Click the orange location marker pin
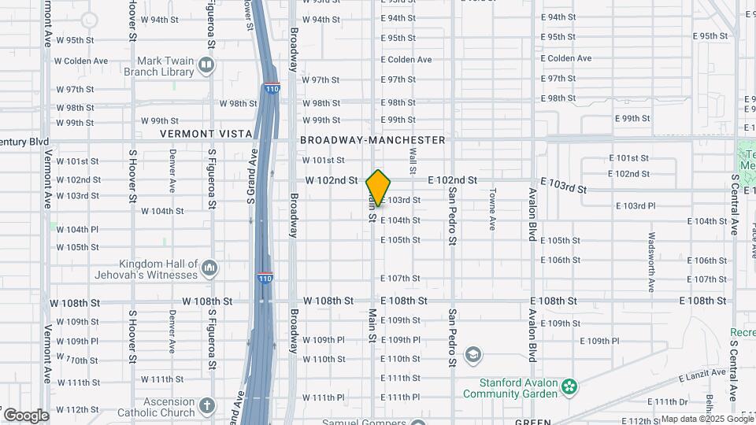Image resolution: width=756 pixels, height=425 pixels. click(x=378, y=188)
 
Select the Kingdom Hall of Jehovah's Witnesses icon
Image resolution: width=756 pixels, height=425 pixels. click(x=209, y=269)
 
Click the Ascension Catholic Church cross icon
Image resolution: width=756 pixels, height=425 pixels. click(x=206, y=406)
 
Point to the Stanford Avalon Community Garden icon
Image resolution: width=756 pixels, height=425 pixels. click(x=569, y=387)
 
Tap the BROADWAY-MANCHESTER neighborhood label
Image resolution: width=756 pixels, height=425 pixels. click(x=372, y=140)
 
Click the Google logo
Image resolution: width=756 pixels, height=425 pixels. click(x=25, y=416)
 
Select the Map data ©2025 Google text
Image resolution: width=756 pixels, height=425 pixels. click(x=707, y=419)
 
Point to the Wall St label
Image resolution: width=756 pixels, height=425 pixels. click(x=412, y=162)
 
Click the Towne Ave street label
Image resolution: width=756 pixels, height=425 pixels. click(x=491, y=209)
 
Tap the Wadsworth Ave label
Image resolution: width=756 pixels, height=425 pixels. click(x=651, y=251)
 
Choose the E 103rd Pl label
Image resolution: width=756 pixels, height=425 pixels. click(x=634, y=205)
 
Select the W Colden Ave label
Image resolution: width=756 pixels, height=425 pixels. click(x=80, y=61)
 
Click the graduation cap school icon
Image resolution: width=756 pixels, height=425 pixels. click(x=472, y=353)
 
